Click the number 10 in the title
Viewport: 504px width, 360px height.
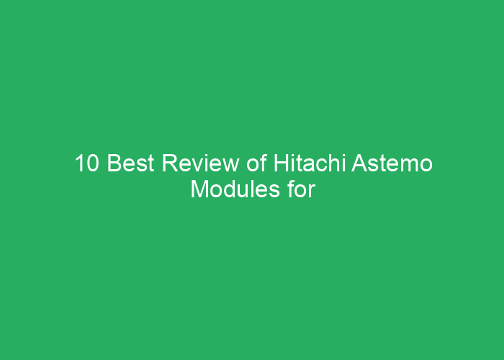pos(86,165)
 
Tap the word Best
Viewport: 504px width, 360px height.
pos(132,165)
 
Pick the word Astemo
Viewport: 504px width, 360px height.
pos(392,165)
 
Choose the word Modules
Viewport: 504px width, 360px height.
pos(229,190)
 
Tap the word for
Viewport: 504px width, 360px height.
pos(301,190)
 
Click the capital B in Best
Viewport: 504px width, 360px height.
pos(114,165)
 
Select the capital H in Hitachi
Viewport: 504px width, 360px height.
pos(281,165)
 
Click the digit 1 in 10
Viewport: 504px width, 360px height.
pos(80,165)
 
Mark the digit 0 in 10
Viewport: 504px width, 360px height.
pos(92,165)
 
